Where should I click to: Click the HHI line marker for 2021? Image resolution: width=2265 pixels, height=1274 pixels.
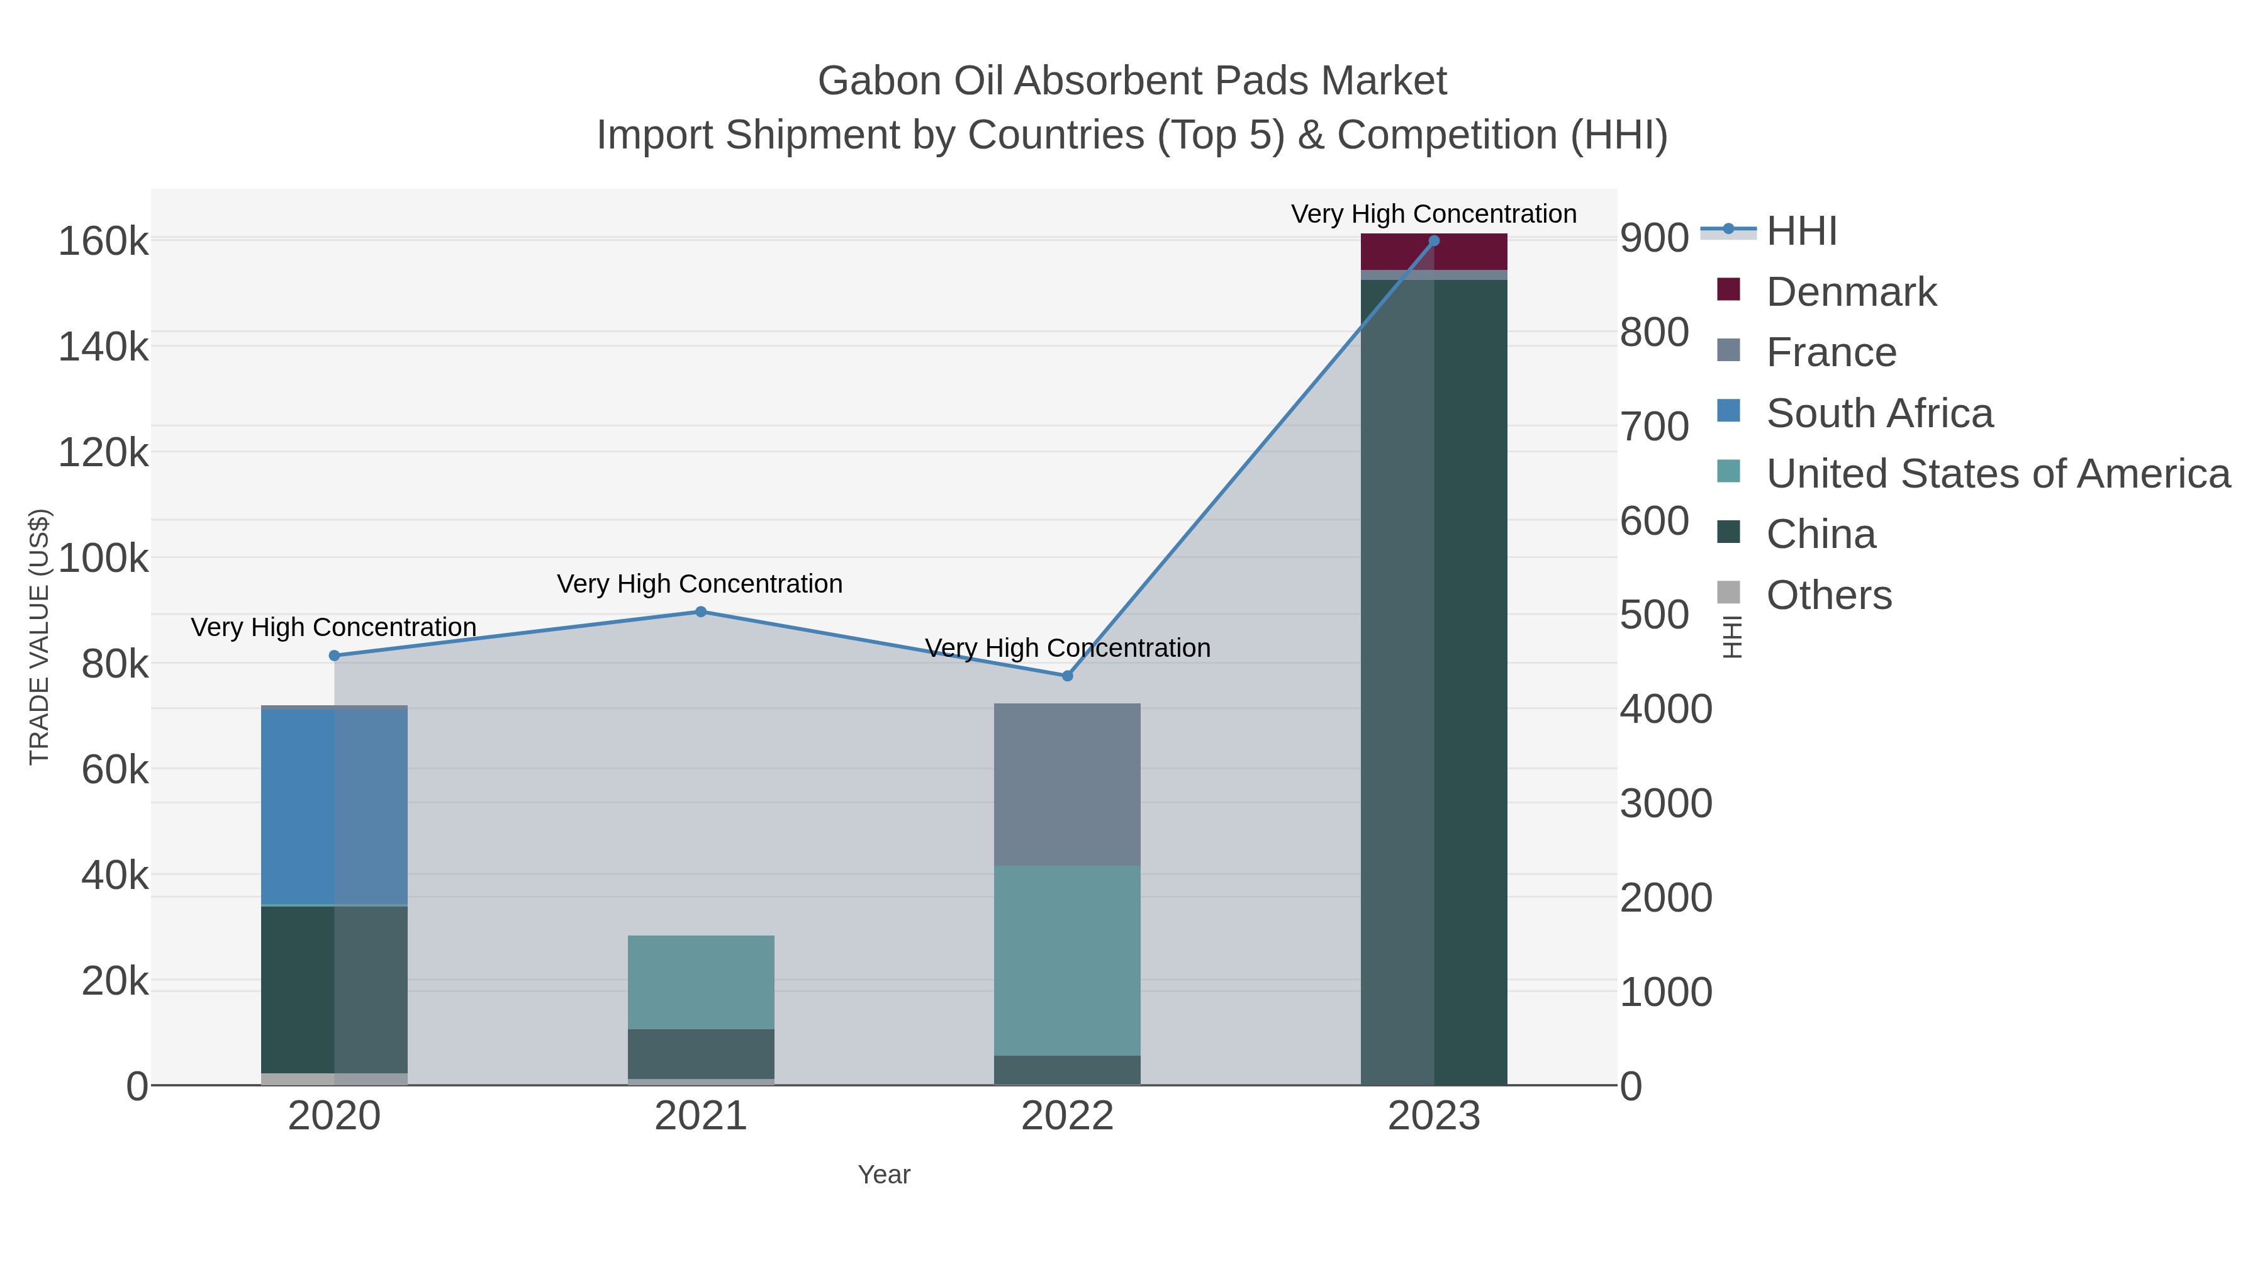(701, 612)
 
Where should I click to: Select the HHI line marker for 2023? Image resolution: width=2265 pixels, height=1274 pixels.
(1434, 241)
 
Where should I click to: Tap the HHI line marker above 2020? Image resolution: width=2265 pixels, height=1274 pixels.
(334, 656)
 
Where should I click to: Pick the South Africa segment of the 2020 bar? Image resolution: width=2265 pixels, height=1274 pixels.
(334, 807)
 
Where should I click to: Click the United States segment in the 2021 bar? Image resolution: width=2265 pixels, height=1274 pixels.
(701, 982)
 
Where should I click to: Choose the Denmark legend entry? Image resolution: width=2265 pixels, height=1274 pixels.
(1851, 292)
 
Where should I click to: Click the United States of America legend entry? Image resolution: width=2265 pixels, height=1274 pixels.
(1998, 474)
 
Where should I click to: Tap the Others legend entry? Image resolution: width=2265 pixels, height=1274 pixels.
(1829, 595)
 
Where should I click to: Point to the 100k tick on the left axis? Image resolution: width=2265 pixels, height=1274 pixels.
(104, 558)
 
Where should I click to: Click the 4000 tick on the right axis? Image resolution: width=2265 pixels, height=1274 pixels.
(1665, 710)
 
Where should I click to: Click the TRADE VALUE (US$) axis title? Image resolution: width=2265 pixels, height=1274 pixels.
(40, 637)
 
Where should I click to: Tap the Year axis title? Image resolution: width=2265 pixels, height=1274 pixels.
(884, 1175)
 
